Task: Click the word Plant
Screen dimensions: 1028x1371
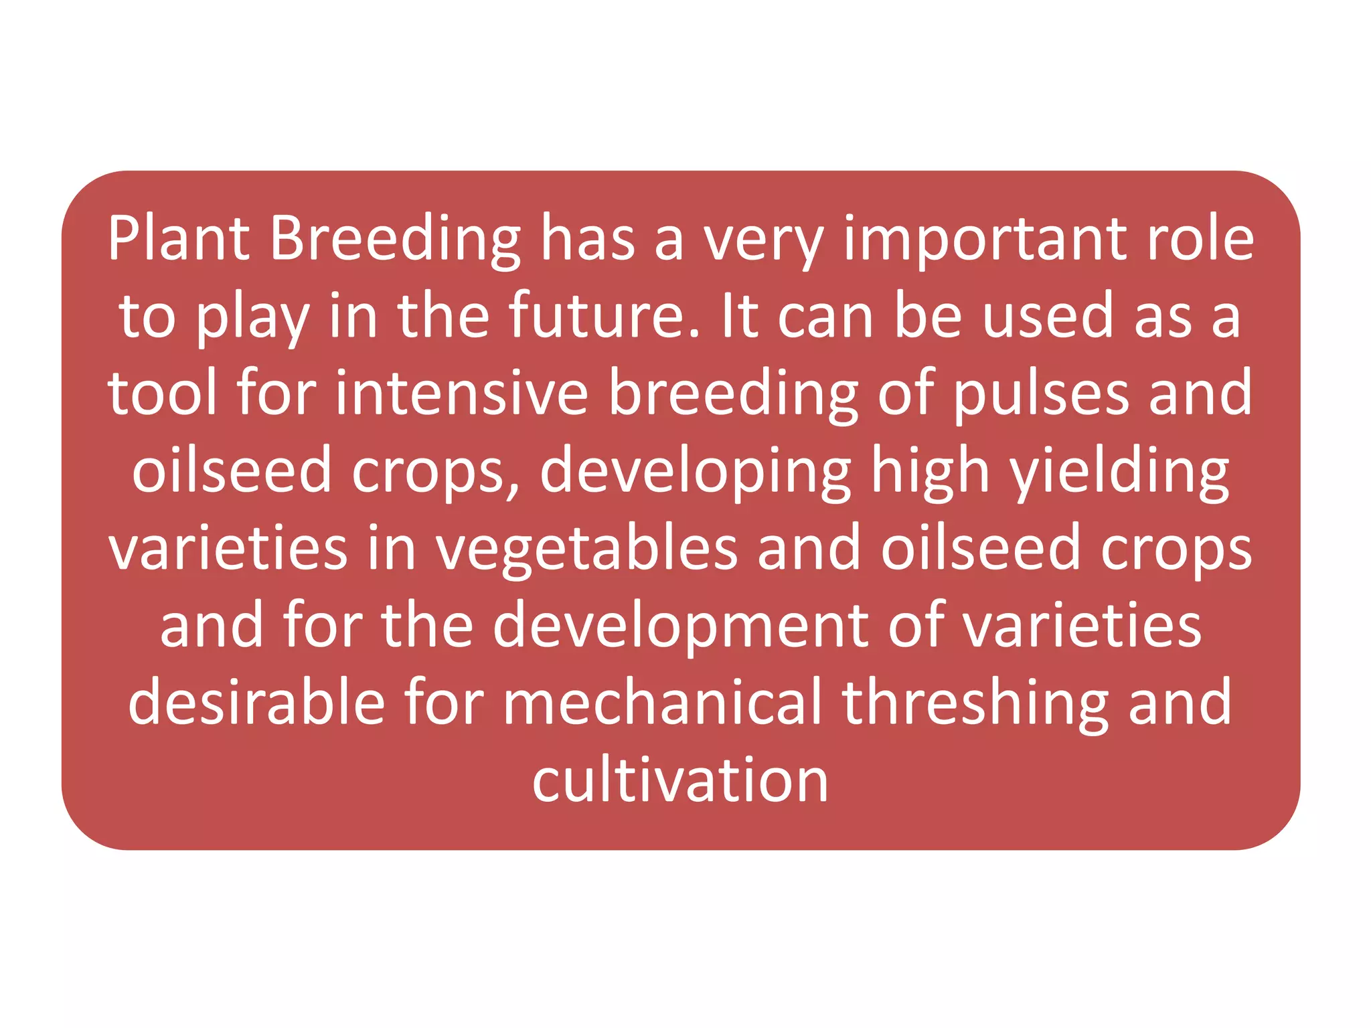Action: (x=179, y=239)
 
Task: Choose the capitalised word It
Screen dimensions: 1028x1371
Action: (x=740, y=316)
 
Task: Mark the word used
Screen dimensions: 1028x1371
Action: (x=1048, y=316)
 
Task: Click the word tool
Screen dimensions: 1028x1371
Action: (x=163, y=393)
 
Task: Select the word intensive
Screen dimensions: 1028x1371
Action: (x=462, y=393)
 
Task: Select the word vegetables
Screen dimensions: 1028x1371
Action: (x=587, y=549)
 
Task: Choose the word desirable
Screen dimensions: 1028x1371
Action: (x=256, y=703)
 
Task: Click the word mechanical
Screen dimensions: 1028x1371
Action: (x=662, y=703)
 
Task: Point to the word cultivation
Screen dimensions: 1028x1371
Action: (x=680, y=780)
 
